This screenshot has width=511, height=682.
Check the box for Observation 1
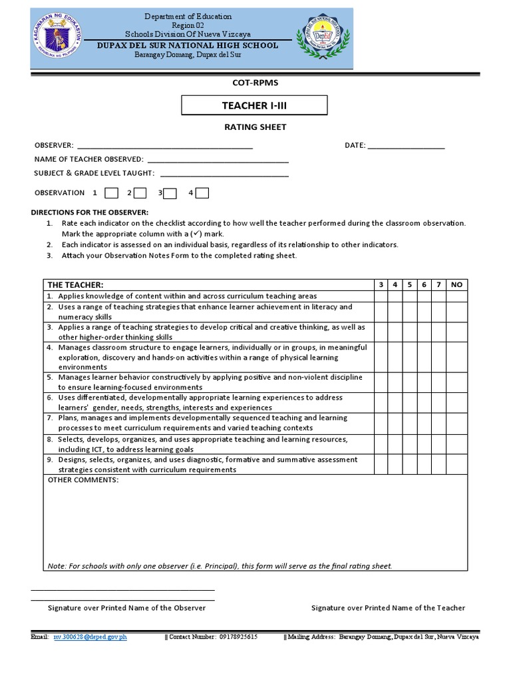(112, 193)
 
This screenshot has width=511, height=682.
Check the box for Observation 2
(140, 193)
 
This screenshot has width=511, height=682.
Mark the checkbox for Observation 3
(170, 193)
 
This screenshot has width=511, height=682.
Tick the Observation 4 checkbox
(202, 193)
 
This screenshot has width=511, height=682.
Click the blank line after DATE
(406, 146)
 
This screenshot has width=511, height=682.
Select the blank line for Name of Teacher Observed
(218, 160)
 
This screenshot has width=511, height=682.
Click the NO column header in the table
(456, 284)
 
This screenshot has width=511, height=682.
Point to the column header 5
(410, 284)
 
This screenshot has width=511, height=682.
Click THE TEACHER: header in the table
(75, 284)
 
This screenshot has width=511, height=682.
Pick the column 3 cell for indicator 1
(381, 296)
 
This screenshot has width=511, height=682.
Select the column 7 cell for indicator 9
(438, 464)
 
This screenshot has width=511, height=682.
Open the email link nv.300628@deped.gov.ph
(90, 637)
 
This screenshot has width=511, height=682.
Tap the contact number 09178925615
(238, 637)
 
